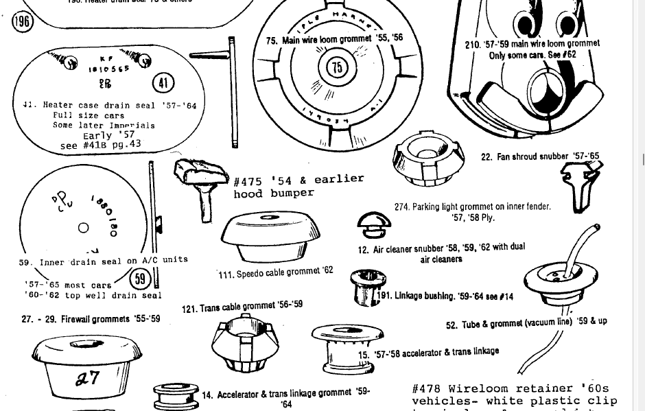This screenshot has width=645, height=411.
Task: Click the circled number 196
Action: pyautogui.click(x=23, y=21)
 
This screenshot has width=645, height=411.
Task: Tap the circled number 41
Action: pyautogui.click(x=163, y=83)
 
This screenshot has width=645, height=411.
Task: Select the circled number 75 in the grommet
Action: pyautogui.click(x=337, y=67)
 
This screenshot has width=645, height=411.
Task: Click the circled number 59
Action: pyautogui.click(x=140, y=278)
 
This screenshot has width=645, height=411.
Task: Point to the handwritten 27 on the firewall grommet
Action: pyautogui.click(x=87, y=377)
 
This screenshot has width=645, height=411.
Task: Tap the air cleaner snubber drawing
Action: pyautogui.click(x=374, y=224)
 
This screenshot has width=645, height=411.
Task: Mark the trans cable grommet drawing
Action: pyautogui.click(x=244, y=342)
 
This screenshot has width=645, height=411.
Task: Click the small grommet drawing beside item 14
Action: pyautogui.click(x=176, y=397)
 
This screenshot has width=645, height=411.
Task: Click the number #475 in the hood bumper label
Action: pyautogui.click(x=248, y=182)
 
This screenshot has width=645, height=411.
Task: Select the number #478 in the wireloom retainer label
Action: pyautogui.click(x=426, y=389)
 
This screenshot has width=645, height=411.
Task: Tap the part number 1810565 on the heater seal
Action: pyautogui.click(x=108, y=69)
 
